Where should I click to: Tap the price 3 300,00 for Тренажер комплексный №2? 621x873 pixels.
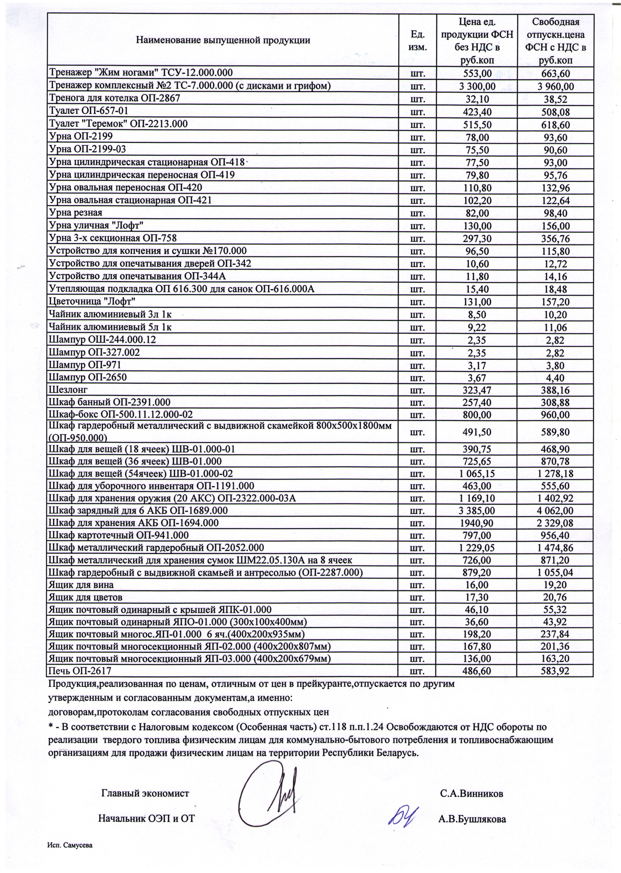pyautogui.click(x=477, y=86)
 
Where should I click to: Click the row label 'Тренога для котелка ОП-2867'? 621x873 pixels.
pyautogui.click(x=114, y=98)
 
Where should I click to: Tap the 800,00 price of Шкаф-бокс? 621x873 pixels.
pyautogui.click(x=477, y=415)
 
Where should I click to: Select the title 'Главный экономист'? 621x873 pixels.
pyautogui.click(x=145, y=793)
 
